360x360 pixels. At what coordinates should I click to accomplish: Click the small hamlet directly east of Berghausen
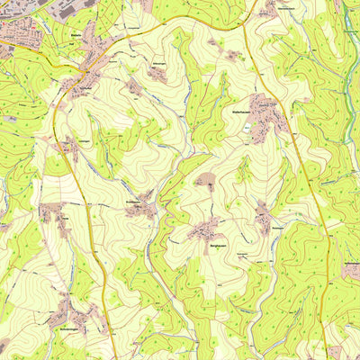click(x=263, y=216)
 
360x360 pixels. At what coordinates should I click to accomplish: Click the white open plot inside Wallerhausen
click(x=256, y=105)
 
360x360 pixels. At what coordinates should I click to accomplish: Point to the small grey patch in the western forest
click(x=11, y=117)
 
